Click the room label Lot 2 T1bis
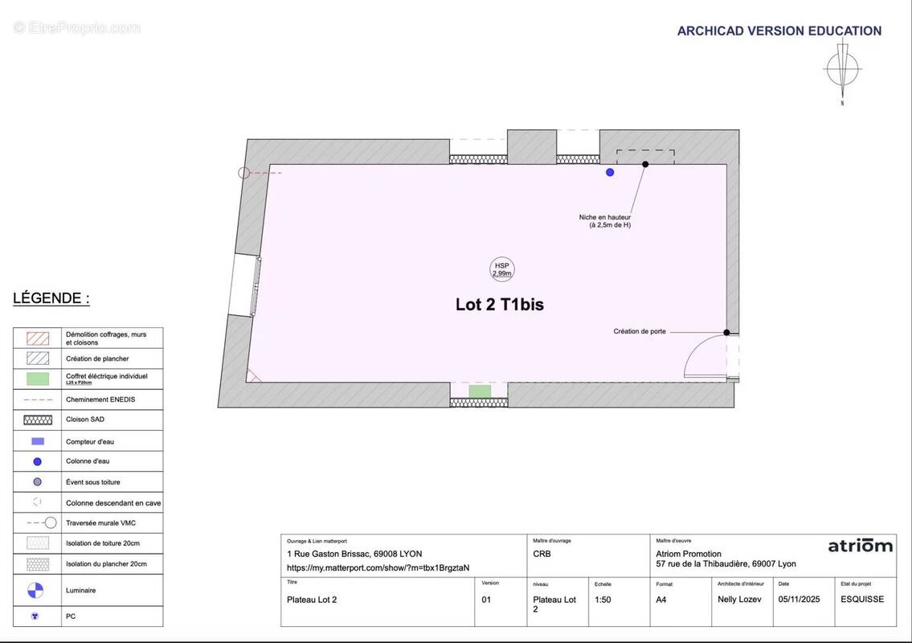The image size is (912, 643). coord(499,305)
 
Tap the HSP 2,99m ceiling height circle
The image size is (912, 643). coord(502,269)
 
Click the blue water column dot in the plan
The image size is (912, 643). coord(610,172)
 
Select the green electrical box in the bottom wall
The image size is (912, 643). coord(480,391)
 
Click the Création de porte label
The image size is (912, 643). coord(640,331)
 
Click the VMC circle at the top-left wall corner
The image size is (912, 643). coord(244,172)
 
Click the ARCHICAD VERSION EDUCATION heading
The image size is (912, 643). coord(779,31)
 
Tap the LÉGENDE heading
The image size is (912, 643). coord(51,298)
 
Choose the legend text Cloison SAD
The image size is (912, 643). coord(85,420)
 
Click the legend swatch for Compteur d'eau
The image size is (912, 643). coord(37,441)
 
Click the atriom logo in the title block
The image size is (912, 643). coord(860,546)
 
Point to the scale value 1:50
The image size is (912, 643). coord(603,600)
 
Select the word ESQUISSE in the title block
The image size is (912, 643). coord(862,600)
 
